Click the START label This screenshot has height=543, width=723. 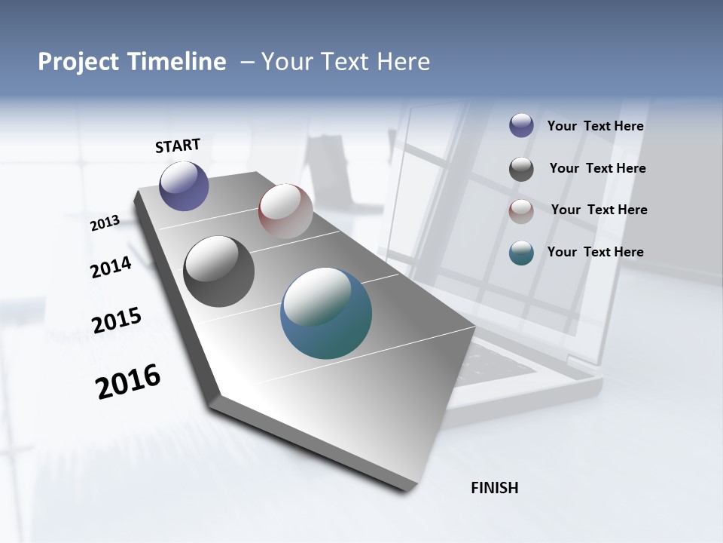tap(178, 146)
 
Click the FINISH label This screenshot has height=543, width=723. tap(494, 488)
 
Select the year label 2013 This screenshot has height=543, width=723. tap(105, 223)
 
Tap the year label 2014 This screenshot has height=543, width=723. tap(111, 267)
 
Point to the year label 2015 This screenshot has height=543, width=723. tap(116, 321)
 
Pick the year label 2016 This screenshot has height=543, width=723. tap(128, 382)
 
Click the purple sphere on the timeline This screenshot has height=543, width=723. tap(184, 186)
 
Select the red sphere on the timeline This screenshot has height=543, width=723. tap(285, 211)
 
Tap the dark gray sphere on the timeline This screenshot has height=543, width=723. tap(218, 271)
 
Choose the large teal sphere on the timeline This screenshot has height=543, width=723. tap(326, 313)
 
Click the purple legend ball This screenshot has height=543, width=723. tap(521, 126)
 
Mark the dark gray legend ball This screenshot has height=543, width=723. tap(521, 169)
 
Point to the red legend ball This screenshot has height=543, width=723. tap(521, 211)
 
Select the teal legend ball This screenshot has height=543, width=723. tap(521, 253)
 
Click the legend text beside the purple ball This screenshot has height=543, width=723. tap(595, 127)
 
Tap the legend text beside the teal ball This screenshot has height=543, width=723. tap(595, 252)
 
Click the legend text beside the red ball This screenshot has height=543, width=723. tap(599, 210)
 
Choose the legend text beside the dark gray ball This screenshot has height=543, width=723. tap(597, 168)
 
